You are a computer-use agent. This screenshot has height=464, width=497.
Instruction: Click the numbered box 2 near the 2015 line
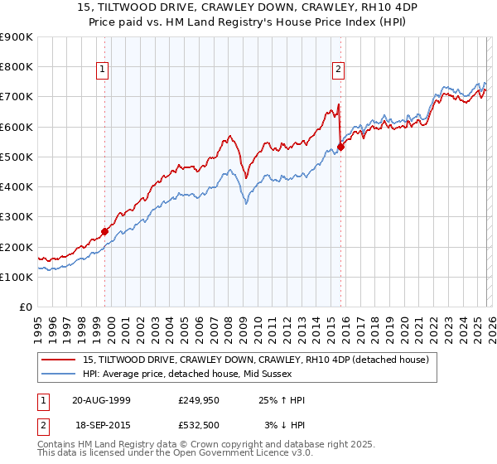tap(340, 70)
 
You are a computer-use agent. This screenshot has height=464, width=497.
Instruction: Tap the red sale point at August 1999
tap(105, 232)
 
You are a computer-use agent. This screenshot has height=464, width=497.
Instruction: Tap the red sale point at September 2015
tap(340, 147)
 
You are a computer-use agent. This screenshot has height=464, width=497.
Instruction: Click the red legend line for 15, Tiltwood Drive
tap(60, 360)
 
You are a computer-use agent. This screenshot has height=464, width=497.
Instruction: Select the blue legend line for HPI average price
tap(60, 374)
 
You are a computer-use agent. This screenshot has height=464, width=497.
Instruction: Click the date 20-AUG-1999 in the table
tap(101, 400)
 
